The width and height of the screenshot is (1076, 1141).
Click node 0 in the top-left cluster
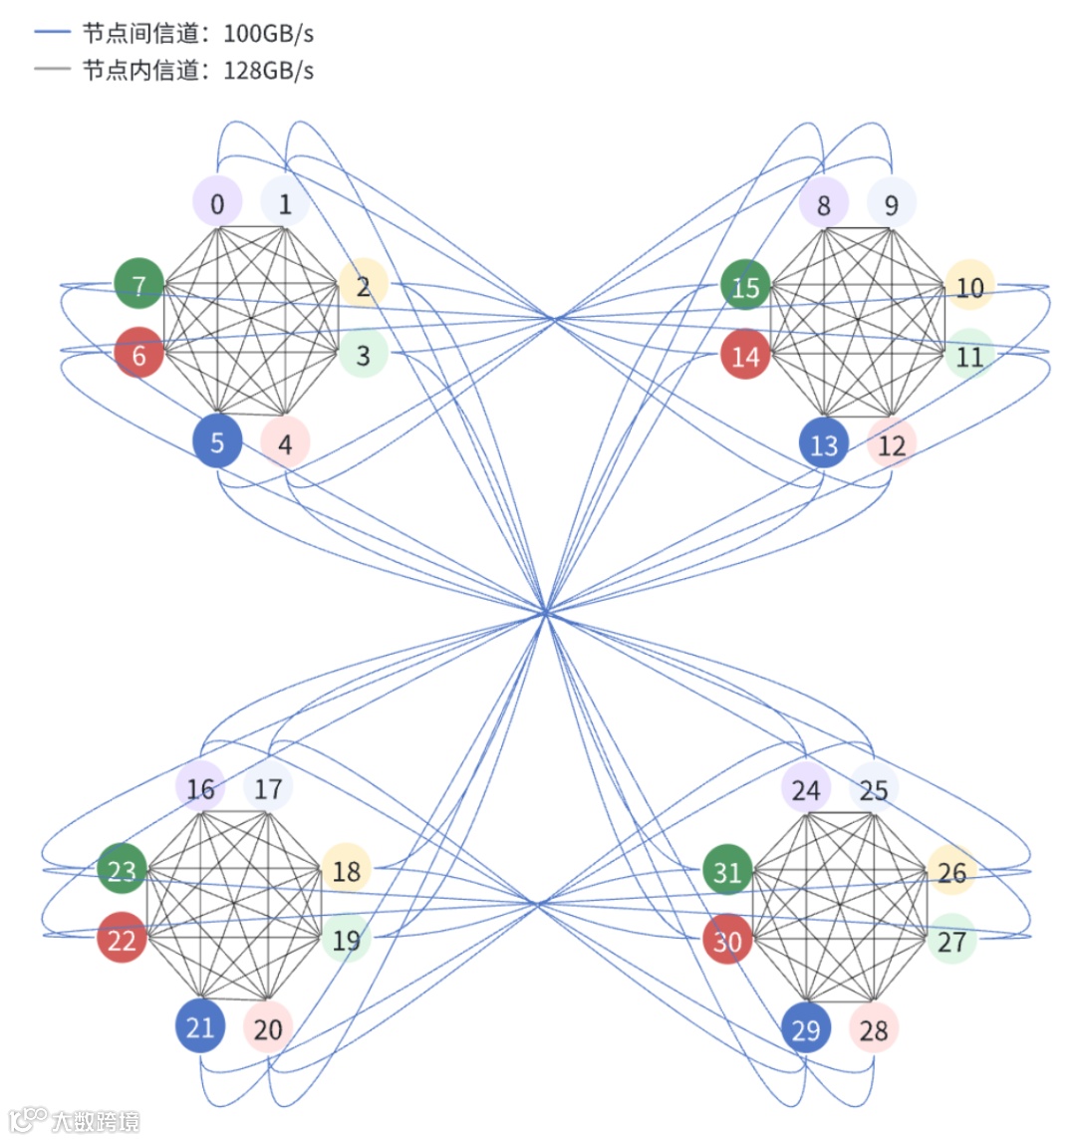(x=217, y=203)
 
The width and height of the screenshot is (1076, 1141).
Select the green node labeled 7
(x=138, y=284)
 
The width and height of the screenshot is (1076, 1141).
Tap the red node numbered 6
(x=138, y=353)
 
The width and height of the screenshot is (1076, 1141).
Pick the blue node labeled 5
(x=217, y=441)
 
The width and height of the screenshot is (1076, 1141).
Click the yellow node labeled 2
(x=363, y=286)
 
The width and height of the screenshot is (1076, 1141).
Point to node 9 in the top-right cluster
(x=891, y=204)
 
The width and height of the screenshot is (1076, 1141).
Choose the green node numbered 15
(x=745, y=287)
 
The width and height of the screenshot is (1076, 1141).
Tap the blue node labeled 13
(x=824, y=443)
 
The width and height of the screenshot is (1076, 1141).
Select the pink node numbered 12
(x=892, y=443)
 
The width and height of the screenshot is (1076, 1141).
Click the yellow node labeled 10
(x=968, y=287)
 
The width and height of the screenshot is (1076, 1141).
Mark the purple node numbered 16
(x=200, y=788)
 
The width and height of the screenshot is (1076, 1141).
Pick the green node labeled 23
(x=122, y=870)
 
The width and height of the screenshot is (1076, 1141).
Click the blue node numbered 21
(x=200, y=1026)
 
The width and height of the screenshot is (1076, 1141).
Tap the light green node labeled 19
(x=346, y=939)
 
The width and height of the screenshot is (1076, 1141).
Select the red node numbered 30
(x=727, y=941)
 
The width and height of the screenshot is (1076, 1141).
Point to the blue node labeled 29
(x=806, y=1027)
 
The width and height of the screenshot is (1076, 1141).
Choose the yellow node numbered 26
(x=951, y=872)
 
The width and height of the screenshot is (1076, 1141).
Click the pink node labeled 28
(x=874, y=1028)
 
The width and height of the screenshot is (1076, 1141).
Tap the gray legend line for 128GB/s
(x=52, y=70)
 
